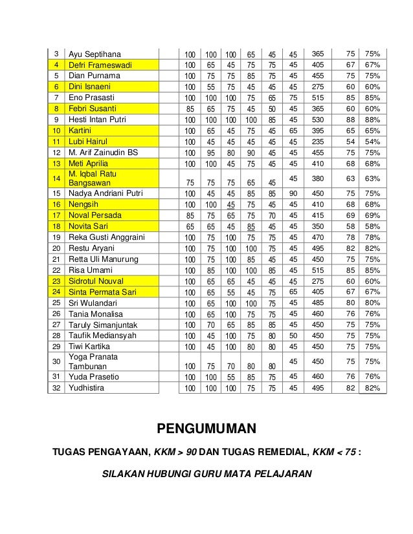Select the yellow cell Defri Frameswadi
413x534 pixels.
pyautogui.click(x=100, y=65)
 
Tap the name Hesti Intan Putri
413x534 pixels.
pyautogui.click(x=100, y=120)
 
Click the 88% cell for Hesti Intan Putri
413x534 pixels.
pyautogui.click(x=372, y=120)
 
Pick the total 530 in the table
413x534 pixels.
pyautogui.click(x=318, y=120)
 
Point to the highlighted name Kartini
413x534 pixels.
pyautogui.click(x=80, y=131)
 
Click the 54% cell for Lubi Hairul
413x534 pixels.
pyautogui.click(x=372, y=142)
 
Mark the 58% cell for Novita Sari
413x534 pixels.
pyautogui.click(x=372, y=227)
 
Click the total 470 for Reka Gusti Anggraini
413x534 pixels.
pyautogui.click(x=318, y=237)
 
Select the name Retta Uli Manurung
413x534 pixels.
pyautogui.click(x=104, y=259)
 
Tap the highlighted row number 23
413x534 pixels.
pyautogui.click(x=56, y=281)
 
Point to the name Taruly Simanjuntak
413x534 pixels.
pyautogui.click(x=104, y=325)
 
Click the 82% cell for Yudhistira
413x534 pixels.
pyautogui.click(x=372, y=388)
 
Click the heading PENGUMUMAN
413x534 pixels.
pyautogui.click(x=206, y=428)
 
